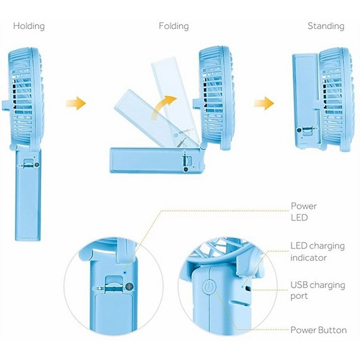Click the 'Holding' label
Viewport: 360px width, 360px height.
pyautogui.click(x=29, y=26)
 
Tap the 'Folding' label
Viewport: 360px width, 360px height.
pyautogui.click(x=174, y=26)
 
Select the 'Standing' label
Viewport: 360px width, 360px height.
pyautogui.click(x=326, y=26)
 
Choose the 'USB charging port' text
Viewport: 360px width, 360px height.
pyautogui.click(x=318, y=290)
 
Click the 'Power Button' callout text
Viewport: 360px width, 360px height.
pyautogui.click(x=319, y=330)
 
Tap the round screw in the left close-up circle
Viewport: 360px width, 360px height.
pyautogui.click(x=130, y=286)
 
